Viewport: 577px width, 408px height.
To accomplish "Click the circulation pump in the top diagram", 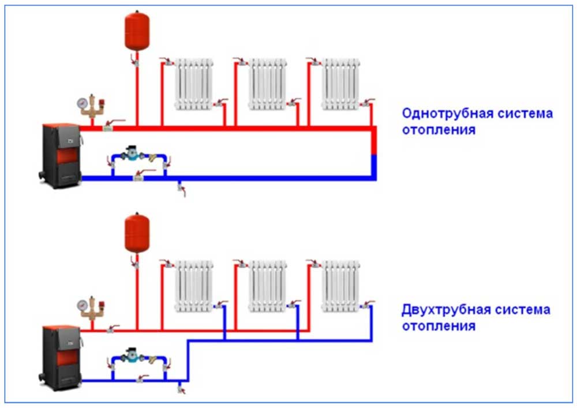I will pyautogui.click(x=133, y=155).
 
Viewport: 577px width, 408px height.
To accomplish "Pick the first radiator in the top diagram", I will pyautogui.click(x=193, y=83).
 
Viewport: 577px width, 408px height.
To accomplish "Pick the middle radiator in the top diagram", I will pyautogui.click(x=267, y=83).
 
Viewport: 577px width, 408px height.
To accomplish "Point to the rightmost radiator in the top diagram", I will pyautogui.click(x=340, y=83).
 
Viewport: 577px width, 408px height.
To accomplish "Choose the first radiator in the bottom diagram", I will pyautogui.click(x=193, y=285).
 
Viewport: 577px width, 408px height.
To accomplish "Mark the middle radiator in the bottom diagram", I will pyautogui.click(x=267, y=285).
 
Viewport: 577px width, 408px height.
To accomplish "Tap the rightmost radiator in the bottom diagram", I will pyautogui.click(x=340, y=285).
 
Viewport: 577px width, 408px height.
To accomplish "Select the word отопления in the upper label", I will pyautogui.click(x=439, y=129).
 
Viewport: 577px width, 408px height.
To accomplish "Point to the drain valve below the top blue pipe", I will pyautogui.click(x=181, y=188).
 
